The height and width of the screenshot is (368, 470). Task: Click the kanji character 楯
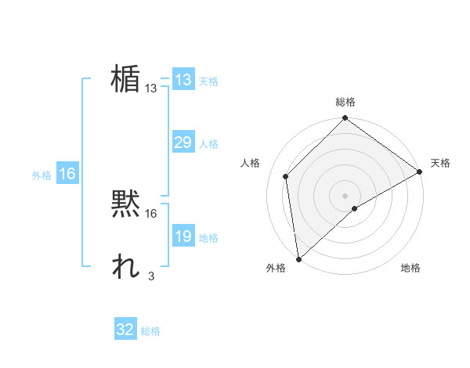coord(125,78)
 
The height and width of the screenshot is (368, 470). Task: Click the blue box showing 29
coord(183,143)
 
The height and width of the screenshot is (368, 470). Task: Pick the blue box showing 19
coord(183,236)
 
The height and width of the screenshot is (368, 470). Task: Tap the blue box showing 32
coord(125,330)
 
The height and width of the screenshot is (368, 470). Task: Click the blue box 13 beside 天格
coord(183,80)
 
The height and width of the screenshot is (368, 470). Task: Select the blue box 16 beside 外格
coord(67,174)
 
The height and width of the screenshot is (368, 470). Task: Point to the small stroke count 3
coord(150,276)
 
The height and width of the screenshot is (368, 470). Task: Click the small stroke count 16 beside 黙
coord(151,213)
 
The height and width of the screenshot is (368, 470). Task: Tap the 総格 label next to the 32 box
coord(150,331)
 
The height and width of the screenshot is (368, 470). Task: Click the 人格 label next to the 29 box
coord(208,144)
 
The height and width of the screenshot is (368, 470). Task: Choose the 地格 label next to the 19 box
coord(208,238)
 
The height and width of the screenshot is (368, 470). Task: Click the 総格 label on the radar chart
coord(345,102)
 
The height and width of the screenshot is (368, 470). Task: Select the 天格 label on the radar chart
coord(440,163)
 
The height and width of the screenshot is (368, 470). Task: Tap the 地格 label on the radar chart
coord(410,268)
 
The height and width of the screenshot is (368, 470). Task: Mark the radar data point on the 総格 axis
coord(345,118)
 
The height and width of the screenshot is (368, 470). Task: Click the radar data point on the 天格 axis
coord(420,171)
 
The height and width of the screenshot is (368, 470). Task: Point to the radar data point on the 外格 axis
coord(298,258)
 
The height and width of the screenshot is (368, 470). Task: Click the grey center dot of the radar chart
coord(345,195)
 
